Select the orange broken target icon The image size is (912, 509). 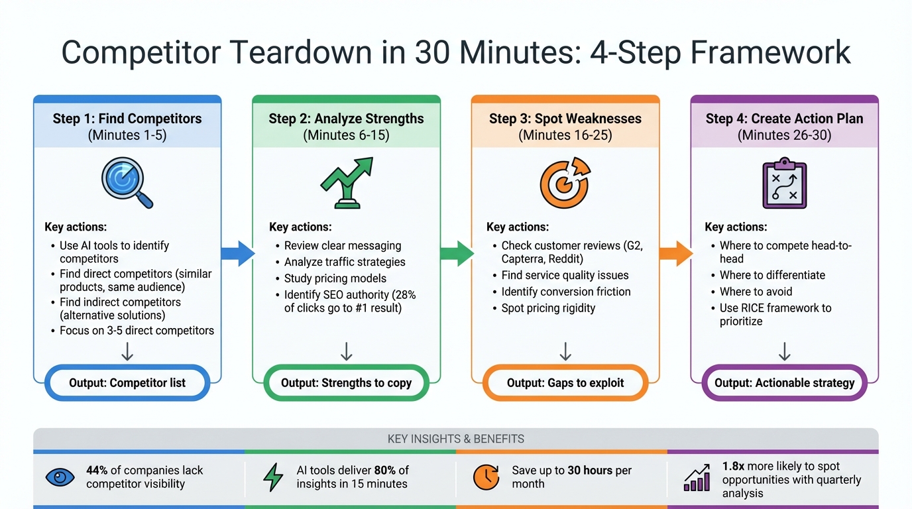point(564,183)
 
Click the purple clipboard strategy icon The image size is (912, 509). point(784,184)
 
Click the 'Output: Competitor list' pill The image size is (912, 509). point(127,382)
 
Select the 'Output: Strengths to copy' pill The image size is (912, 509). point(346,382)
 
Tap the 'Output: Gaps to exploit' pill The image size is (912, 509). point(565,382)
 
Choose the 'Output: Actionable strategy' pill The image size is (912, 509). point(784,382)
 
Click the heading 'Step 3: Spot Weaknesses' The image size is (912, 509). point(565,119)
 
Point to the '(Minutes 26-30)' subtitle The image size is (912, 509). point(784,135)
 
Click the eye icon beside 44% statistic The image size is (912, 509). point(60,477)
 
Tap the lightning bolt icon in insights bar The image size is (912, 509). point(273,477)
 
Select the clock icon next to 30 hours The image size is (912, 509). point(486,477)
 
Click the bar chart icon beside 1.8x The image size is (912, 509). point(697,478)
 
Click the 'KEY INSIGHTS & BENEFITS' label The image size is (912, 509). point(456,439)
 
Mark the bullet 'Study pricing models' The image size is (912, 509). point(335,278)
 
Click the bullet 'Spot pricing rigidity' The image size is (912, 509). point(548,308)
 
